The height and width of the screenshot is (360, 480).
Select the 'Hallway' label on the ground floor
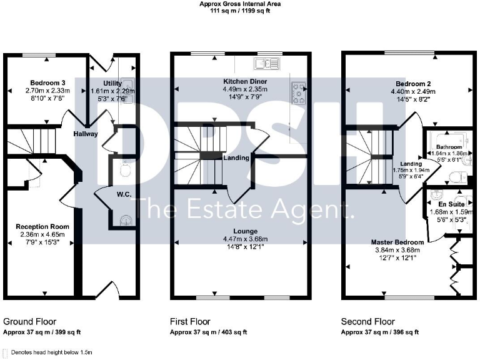point(84,133)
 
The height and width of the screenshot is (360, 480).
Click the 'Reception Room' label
point(42,226)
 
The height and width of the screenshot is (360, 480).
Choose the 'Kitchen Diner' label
point(240,81)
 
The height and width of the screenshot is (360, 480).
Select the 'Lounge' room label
point(241,231)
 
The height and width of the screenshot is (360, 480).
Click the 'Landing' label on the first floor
point(237,158)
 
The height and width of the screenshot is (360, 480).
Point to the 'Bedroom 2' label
point(412,82)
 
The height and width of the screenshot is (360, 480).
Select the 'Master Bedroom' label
point(397,242)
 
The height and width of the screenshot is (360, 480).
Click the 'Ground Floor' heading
point(29,321)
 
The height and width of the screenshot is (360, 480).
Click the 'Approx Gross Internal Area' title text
point(240,4)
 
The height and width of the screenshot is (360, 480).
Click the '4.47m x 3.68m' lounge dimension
point(241,239)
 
